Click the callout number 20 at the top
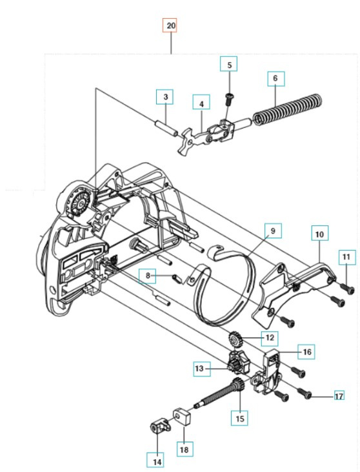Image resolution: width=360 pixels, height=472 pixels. [170, 26]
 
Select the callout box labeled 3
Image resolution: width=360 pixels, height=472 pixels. [166, 97]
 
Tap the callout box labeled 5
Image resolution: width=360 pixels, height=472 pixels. [228, 64]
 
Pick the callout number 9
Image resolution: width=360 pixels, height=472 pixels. [272, 230]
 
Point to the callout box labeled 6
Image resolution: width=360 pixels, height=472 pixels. [275, 78]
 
